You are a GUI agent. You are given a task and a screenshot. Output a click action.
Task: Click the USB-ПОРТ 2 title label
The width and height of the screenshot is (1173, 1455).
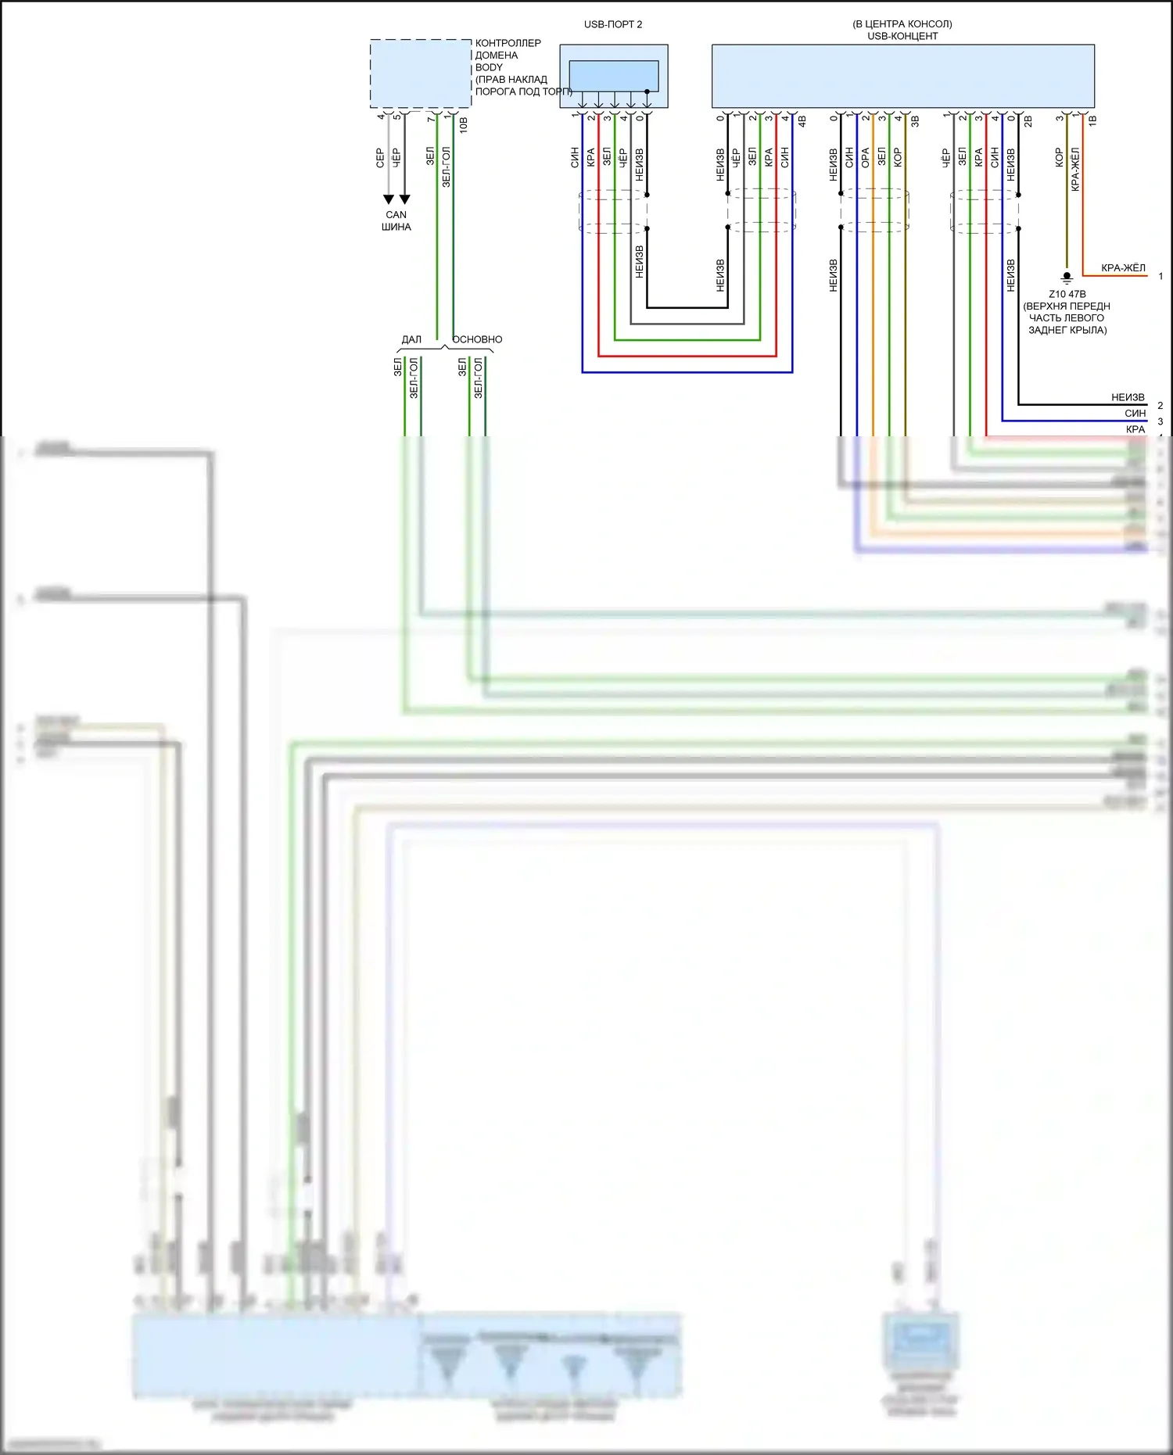(x=612, y=24)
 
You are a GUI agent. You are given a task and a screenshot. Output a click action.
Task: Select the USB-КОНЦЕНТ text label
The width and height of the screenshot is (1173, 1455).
(x=902, y=36)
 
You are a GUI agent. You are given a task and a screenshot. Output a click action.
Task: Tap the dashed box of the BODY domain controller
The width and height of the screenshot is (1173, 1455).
(x=420, y=73)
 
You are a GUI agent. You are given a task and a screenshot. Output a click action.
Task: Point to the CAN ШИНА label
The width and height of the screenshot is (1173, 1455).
(x=396, y=220)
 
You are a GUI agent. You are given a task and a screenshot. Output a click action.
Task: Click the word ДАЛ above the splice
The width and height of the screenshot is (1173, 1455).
(x=411, y=339)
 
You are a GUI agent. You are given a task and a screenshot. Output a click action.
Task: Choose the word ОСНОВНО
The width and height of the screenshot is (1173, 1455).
(x=477, y=339)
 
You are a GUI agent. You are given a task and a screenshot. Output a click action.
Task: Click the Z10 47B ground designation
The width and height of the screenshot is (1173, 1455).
(x=1067, y=294)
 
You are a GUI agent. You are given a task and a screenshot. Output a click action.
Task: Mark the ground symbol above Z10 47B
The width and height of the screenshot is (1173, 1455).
(x=1066, y=277)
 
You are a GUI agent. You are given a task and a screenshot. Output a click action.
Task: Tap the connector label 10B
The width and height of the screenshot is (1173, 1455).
(x=464, y=124)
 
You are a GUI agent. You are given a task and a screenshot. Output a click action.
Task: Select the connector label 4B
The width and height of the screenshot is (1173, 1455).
(x=802, y=121)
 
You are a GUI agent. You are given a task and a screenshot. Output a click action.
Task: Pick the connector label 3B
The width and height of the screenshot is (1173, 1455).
(x=915, y=121)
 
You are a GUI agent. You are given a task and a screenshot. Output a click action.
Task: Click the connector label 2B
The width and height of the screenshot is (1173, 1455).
(x=1028, y=121)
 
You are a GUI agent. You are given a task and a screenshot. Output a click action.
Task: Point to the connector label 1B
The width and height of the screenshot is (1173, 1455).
(x=1092, y=120)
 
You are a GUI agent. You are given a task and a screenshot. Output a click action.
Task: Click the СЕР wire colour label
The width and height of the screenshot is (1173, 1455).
(x=380, y=158)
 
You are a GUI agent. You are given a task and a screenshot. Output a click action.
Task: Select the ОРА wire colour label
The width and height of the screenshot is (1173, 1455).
(x=865, y=158)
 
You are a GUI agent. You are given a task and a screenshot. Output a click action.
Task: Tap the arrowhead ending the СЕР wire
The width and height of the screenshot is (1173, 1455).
(x=389, y=199)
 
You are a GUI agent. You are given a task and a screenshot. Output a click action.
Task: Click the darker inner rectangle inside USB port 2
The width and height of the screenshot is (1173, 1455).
(x=613, y=76)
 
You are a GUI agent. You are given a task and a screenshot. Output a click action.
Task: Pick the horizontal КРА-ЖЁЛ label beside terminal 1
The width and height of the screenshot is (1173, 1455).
(x=1123, y=268)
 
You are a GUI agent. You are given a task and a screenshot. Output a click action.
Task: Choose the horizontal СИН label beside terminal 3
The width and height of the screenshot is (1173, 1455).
(x=1135, y=414)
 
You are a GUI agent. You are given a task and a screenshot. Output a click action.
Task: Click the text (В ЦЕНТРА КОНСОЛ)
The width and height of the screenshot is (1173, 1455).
(x=902, y=24)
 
